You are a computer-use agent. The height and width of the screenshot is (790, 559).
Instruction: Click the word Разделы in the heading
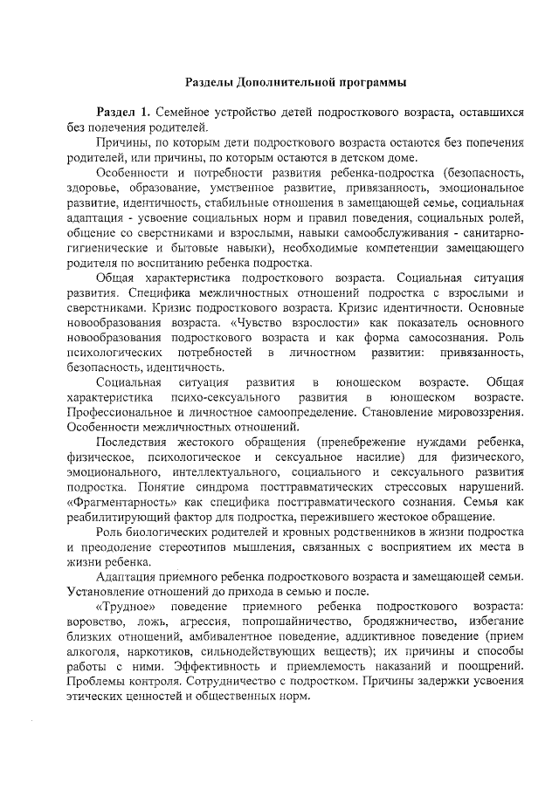[x=209, y=83]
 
